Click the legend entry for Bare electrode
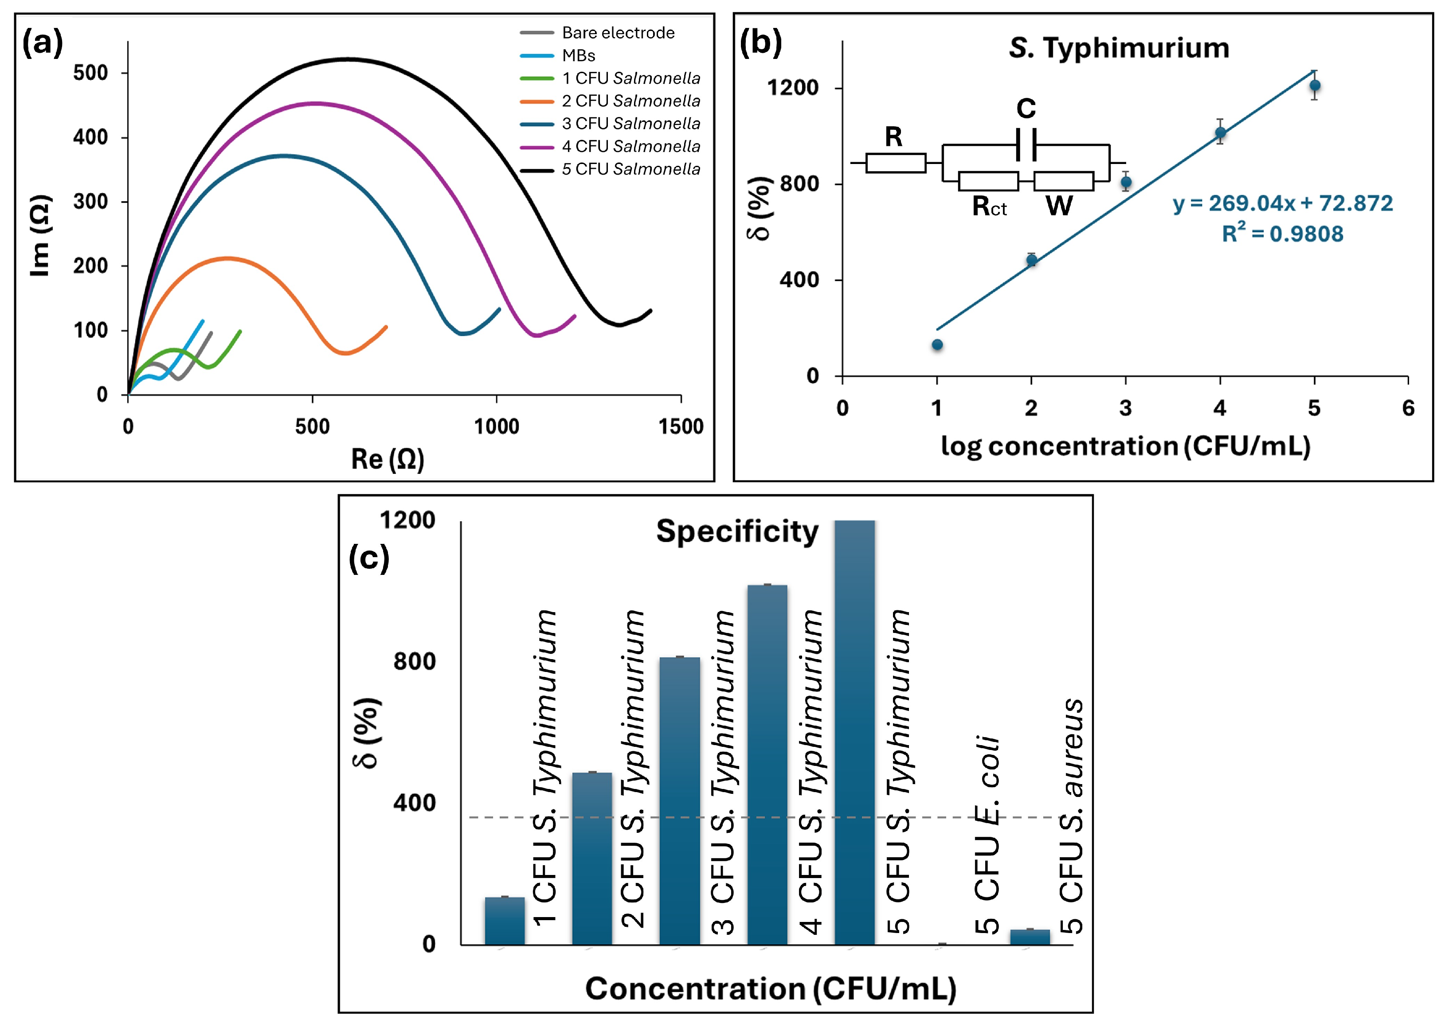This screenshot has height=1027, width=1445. [x=618, y=33]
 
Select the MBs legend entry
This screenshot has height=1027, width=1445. [x=578, y=56]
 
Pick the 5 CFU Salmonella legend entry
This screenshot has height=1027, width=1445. [x=631, y=169]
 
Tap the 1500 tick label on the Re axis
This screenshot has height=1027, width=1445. [x=680, y=427]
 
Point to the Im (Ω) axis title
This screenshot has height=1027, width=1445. [x=40, y=235]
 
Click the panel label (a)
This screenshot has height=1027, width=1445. [x=43, y=44]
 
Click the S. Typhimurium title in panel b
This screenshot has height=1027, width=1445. [x=1119, y=48]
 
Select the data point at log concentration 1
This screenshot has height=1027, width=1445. [x=937, y=345]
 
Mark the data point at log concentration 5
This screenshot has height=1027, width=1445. [x=1315, y=86]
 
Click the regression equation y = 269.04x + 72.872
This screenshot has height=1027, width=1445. [x=1282, y=203]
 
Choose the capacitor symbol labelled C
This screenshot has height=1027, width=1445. [x=1026, y=145]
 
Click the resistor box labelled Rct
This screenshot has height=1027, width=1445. [x=988, y=181]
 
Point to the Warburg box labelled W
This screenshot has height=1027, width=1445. [x=1064, y=181]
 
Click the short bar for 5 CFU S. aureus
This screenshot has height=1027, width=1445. [x=1030, y=937]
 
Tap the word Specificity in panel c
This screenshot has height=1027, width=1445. [x=737, y=531]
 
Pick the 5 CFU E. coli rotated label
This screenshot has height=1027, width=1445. [x=987, y=835]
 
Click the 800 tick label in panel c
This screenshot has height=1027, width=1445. [x=415, y=661]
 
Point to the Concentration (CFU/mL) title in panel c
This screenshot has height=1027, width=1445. [x=770, y=988]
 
